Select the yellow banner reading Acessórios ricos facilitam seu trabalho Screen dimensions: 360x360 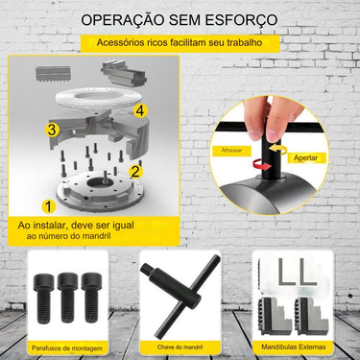coord(180,43)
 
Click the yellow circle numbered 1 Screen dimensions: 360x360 coord(49,204)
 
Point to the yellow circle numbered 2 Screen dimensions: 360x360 coord(136,172)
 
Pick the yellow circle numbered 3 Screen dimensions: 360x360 coord(53,128)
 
